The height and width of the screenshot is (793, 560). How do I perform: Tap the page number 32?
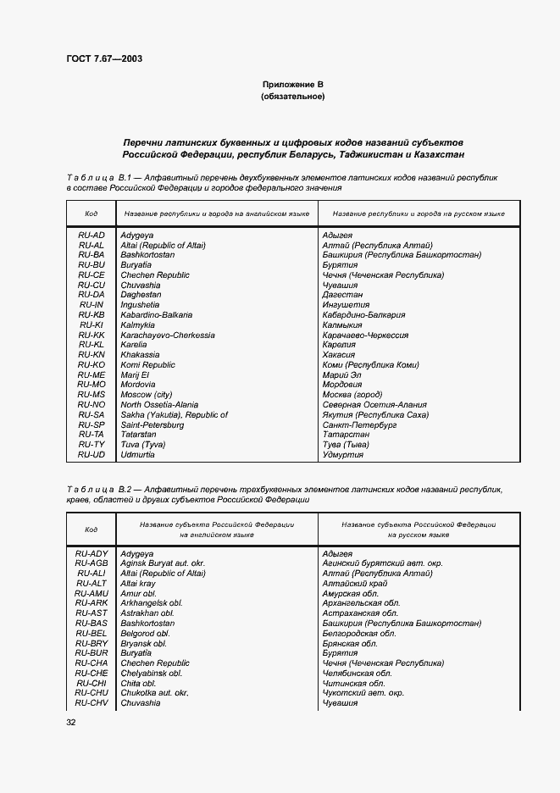71,722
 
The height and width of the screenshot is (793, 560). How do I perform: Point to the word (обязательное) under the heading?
292,97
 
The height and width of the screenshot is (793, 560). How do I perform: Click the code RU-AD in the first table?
91,235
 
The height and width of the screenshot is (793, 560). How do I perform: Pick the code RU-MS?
91,395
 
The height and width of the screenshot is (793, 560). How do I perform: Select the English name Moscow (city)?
147,395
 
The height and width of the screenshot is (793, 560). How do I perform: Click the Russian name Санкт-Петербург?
359,424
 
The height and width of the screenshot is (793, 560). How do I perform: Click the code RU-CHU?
91,693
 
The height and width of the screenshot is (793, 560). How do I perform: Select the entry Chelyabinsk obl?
152,674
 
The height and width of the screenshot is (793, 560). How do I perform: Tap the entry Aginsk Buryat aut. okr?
164,563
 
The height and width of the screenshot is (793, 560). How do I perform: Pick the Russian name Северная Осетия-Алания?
374,405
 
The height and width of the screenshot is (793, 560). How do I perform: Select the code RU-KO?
91,364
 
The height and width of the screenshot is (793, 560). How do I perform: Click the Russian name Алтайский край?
355,584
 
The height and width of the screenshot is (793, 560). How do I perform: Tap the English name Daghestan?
141,295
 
